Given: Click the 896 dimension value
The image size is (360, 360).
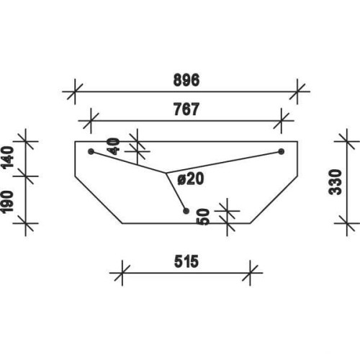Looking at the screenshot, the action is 186,80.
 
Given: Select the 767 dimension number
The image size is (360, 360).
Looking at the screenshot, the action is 186,109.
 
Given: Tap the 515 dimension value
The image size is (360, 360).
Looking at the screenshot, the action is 186,261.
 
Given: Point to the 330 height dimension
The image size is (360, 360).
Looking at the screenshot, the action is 336,182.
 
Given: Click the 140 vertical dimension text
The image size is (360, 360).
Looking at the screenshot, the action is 7,157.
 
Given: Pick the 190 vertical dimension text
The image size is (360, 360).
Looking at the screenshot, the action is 7,202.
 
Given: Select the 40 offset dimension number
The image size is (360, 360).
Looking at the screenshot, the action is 113,146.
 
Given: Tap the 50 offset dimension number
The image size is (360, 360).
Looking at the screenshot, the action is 204,217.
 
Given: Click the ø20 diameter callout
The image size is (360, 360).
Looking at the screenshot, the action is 191,179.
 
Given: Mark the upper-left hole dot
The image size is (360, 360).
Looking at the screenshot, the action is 91,151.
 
